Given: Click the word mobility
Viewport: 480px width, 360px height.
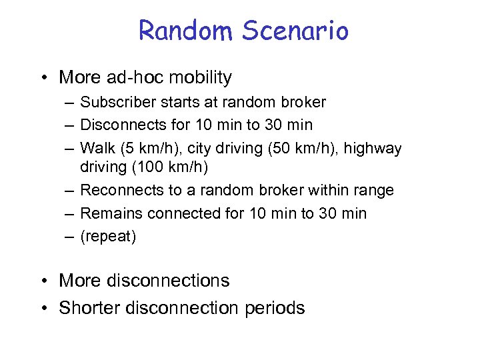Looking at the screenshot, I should pos(201,77).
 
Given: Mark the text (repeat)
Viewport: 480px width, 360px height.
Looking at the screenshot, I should pos(108,237).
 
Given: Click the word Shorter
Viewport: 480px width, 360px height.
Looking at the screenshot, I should pos(89,308).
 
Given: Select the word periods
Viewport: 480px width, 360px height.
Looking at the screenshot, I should pos(274,308).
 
